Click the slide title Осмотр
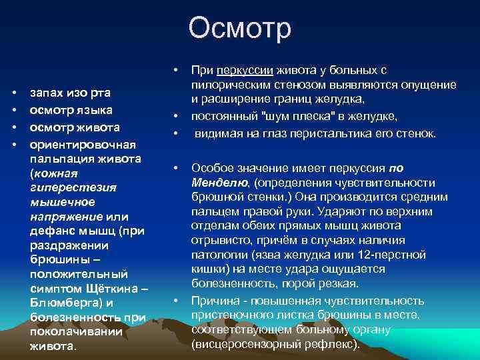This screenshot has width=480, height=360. point(239,29)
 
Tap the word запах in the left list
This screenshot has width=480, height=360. point(47,95)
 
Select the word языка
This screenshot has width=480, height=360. point(95,110)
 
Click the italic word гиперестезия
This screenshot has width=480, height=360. point(73,187)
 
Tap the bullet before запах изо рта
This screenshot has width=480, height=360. point(15,95)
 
